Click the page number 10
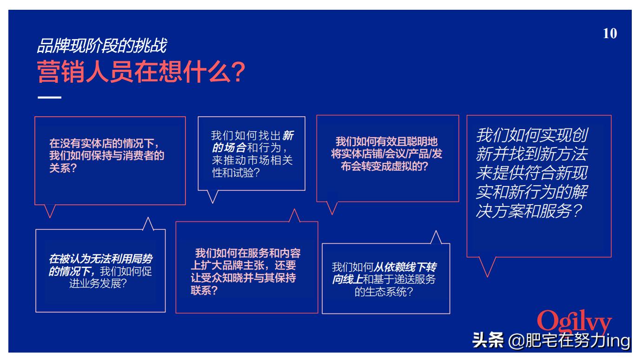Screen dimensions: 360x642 point(610,34)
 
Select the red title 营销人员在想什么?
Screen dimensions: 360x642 point(140,73)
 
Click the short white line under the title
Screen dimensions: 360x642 point(49,98)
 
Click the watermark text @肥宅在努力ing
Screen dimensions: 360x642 point(569,340)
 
